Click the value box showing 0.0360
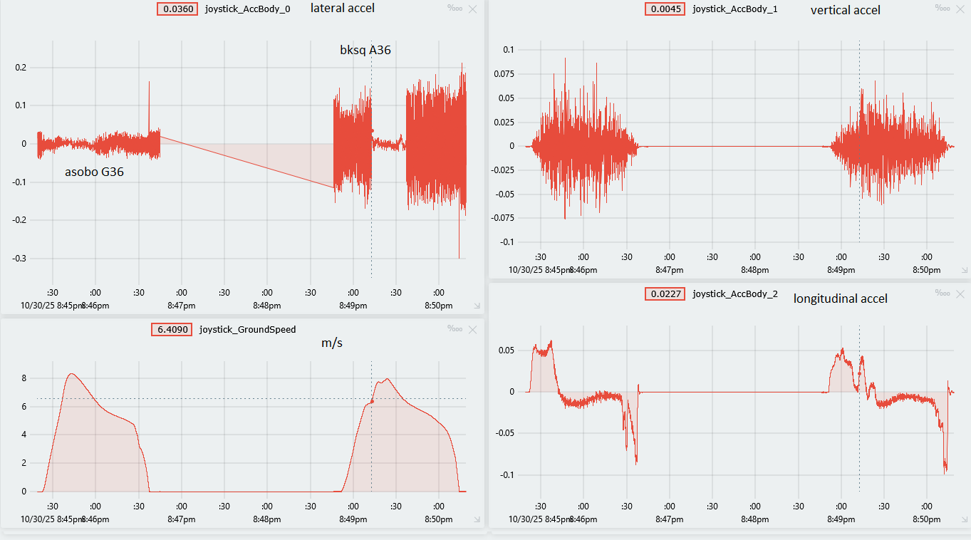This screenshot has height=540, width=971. pos(176,9)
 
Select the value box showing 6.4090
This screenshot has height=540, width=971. pos(172,329)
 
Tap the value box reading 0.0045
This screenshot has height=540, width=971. pos(664,9)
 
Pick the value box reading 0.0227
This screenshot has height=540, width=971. pos(664,294)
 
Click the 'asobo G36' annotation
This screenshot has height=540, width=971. pos(94,172)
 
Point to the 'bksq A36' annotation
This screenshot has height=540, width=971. pos(365,50)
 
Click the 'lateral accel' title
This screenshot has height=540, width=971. pos(343,9)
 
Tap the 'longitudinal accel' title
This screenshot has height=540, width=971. pos(840,298)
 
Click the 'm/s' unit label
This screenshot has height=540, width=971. pos(331,343)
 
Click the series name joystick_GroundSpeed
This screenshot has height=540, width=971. pos(247,329)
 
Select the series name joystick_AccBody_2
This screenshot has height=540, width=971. pos(734,294)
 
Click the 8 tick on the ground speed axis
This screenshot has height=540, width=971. pos(24,378)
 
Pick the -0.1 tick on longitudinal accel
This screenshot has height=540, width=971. pos(506,474)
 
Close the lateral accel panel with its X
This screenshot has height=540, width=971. pos(473,9)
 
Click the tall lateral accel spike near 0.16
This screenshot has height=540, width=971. pos(149,84)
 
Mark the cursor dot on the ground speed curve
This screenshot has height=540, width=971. pos(371,401)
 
